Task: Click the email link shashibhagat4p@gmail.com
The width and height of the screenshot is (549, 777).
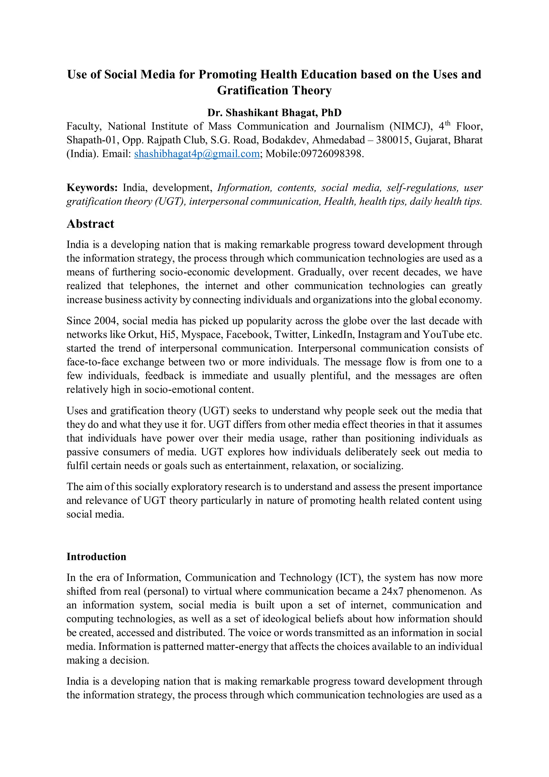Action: [196, 154]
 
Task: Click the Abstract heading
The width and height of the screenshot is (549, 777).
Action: [90, 224]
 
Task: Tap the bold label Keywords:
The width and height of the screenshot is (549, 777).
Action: [92, 188]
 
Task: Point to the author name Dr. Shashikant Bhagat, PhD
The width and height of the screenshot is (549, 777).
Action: [274, 112]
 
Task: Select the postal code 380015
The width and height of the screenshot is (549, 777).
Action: [392, 140]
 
